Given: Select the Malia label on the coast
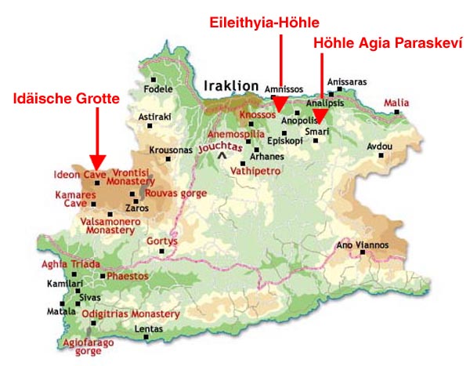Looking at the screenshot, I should [x=396, y=103].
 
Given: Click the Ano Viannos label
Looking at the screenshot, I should [x=362, y=245].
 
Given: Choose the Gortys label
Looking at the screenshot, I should [x=162, y=241].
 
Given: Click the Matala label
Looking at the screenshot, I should [x=56, y=311].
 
